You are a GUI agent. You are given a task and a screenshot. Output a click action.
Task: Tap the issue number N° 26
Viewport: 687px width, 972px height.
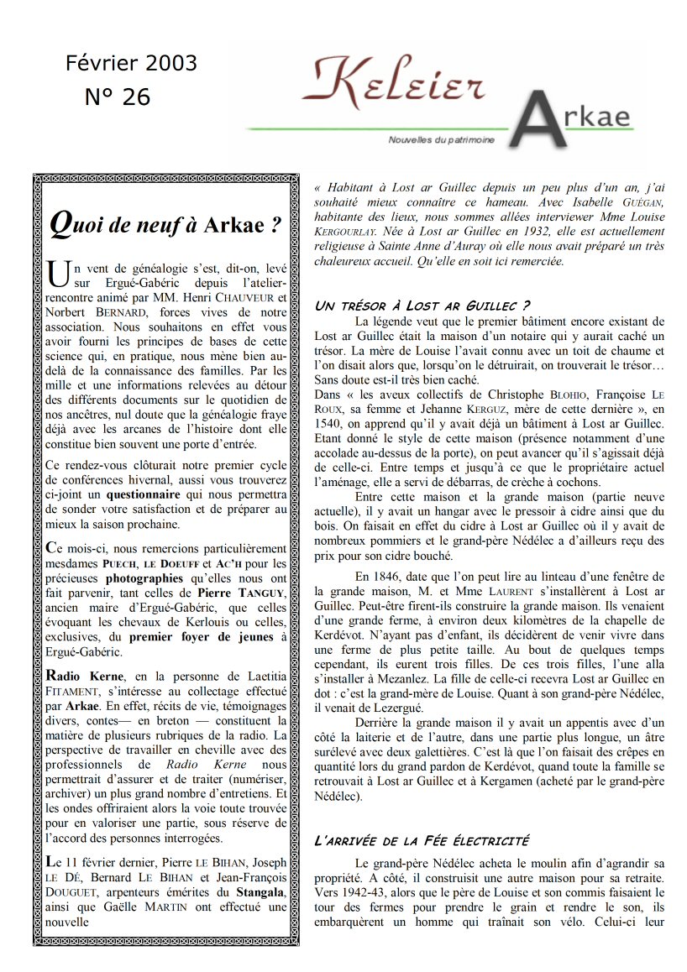(118, 97)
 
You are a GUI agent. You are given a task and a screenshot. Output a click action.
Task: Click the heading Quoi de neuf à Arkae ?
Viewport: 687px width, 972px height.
(165, 225)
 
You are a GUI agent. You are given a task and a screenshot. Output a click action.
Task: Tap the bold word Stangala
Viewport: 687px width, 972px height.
(259, 891)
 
